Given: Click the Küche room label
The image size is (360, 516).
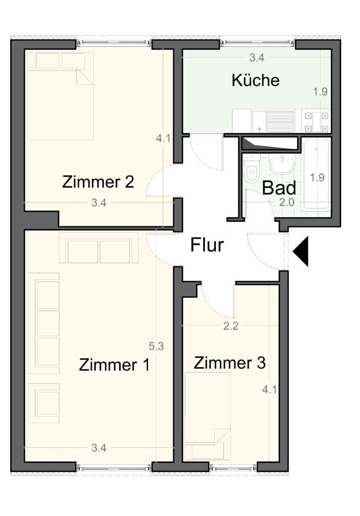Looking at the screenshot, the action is (256, 80).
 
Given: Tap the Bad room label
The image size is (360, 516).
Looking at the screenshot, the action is (279, 188).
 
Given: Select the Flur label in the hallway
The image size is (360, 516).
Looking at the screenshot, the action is (207, 245).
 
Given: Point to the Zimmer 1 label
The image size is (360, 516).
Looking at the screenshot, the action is (114, 365).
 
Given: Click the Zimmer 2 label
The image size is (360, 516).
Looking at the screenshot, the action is (98, 181).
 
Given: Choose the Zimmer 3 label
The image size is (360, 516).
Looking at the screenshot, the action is (229, 363).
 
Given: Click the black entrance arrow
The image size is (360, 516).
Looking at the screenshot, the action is (301, 251).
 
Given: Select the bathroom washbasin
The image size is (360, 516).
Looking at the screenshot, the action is (282, 164).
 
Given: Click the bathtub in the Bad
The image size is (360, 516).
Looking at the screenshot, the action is (316, 174).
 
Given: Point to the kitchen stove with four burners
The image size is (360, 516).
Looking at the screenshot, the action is (317, 121).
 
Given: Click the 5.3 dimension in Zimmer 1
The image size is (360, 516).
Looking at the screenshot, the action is (156, 346).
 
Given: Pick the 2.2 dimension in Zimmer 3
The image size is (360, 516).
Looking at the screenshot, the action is (230, 326).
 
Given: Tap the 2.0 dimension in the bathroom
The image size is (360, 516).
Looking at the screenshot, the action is (286, 202).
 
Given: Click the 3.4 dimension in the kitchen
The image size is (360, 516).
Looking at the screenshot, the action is (257, 57).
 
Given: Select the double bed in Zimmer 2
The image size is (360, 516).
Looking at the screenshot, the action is (61, 96).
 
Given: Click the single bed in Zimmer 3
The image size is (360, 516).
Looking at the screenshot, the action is (208, 416).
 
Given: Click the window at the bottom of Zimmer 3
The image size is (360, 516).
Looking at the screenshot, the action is (233, 467).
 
